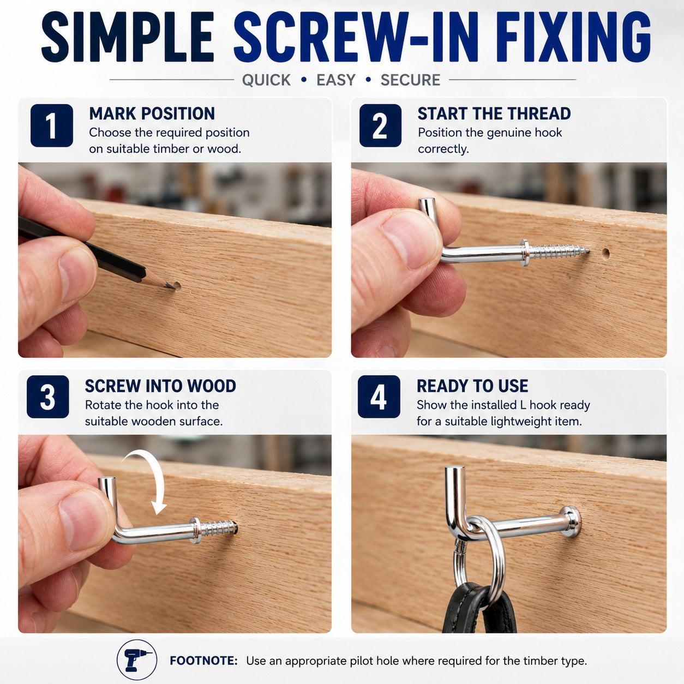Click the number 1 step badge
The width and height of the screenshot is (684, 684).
click(x=52, y=125)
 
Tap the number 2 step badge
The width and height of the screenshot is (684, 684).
click(x=380, y=125)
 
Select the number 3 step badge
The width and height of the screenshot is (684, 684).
click(x=47, y=397)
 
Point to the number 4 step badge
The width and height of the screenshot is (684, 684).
click(x=379, y=397)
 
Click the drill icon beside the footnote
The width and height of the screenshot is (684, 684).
click(x=137, y=660)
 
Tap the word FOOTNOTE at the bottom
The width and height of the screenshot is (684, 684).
click(x=203, y=661)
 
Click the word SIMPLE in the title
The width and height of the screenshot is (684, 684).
click(x=128, y=37)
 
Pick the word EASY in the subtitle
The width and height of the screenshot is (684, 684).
click(x=336, y=80)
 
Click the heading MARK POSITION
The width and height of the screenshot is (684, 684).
click(x=152, y=113)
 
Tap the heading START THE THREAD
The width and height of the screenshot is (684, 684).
click(x=494, y=113)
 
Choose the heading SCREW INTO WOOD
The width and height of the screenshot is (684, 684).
click(x=160, y=386)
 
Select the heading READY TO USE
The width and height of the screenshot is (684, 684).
click(x=472, y=386)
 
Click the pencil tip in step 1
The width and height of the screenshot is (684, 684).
click(x=173, y=287)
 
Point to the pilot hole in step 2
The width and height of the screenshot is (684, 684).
click(x=605, y=253)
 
